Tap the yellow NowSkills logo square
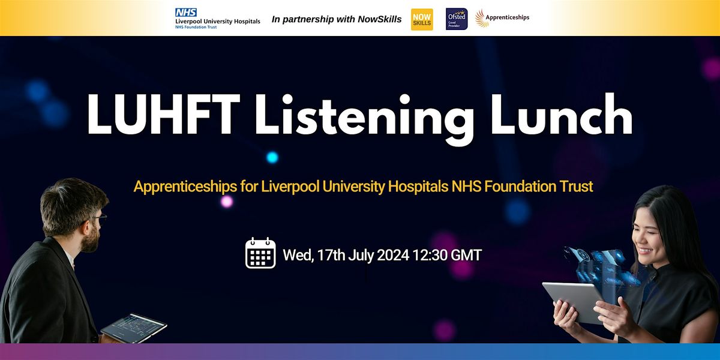pos(422,19)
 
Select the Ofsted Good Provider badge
pos(457,19)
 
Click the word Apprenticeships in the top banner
pos(508,17)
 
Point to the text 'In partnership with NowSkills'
pos(337,19)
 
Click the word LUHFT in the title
pos(155,115)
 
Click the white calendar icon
pos(260,253)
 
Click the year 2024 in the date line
pos(393,255)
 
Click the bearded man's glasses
pos(101,219)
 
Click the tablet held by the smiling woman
pos(573,302)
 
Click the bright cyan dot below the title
pos(272,157)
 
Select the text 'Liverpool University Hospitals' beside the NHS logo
pos(217,22)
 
